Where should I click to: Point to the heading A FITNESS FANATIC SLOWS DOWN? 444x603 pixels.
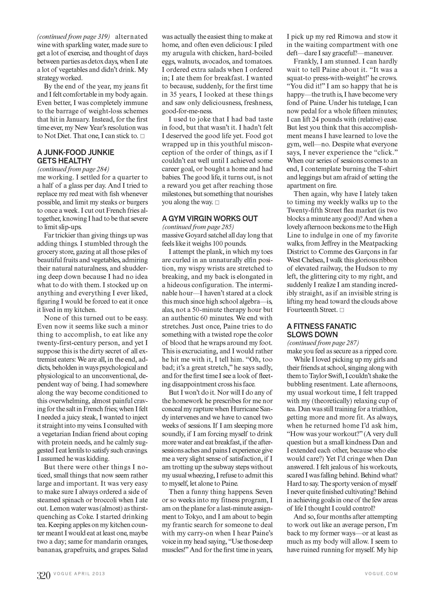click(x=321, y=330)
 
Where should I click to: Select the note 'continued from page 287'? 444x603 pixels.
click(x=323, y=343)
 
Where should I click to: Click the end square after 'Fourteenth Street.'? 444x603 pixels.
click(x=342, y=310)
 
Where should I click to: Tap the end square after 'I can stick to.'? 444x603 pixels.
click(x=142, y=136)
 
